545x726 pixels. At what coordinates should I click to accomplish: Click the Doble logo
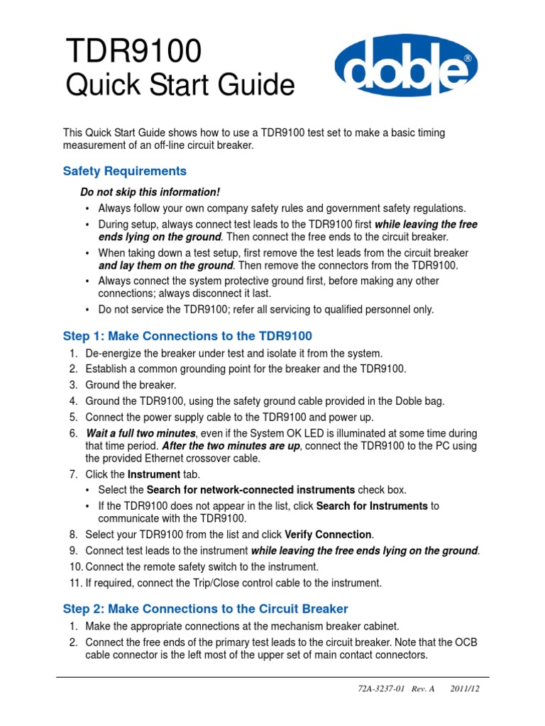[406, 67]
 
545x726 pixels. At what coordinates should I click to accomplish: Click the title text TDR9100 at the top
[133, 52]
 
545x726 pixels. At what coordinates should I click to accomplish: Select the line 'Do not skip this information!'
[150, 192]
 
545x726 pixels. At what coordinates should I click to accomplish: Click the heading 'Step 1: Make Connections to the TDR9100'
[187, 335]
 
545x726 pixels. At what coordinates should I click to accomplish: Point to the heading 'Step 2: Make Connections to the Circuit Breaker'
[206, 608]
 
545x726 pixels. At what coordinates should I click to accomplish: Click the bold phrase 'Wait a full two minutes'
[141, 433]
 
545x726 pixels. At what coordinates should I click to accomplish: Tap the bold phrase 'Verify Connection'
[328, 535]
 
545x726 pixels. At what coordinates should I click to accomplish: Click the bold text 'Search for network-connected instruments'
[251, 490]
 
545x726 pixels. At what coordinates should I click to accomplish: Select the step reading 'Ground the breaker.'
[131, 385]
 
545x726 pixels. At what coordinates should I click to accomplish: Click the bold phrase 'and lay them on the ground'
[166, 265]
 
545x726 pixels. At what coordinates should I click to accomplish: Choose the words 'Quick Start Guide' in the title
[180, 86]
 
